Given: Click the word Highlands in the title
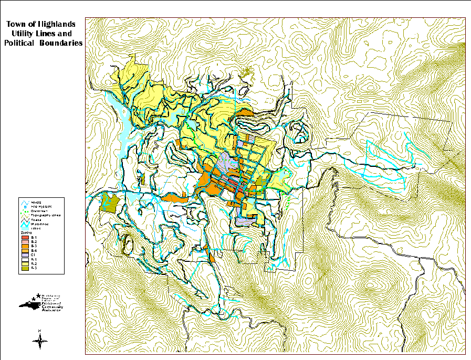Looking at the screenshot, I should [56, 24].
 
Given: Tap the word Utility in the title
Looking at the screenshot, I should [29, 34].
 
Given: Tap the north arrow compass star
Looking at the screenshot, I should [40, 342].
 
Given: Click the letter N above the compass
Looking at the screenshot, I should [40, 330].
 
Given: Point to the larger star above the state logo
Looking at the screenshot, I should [38, 295].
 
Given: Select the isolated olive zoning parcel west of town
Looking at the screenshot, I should [109, 202].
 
